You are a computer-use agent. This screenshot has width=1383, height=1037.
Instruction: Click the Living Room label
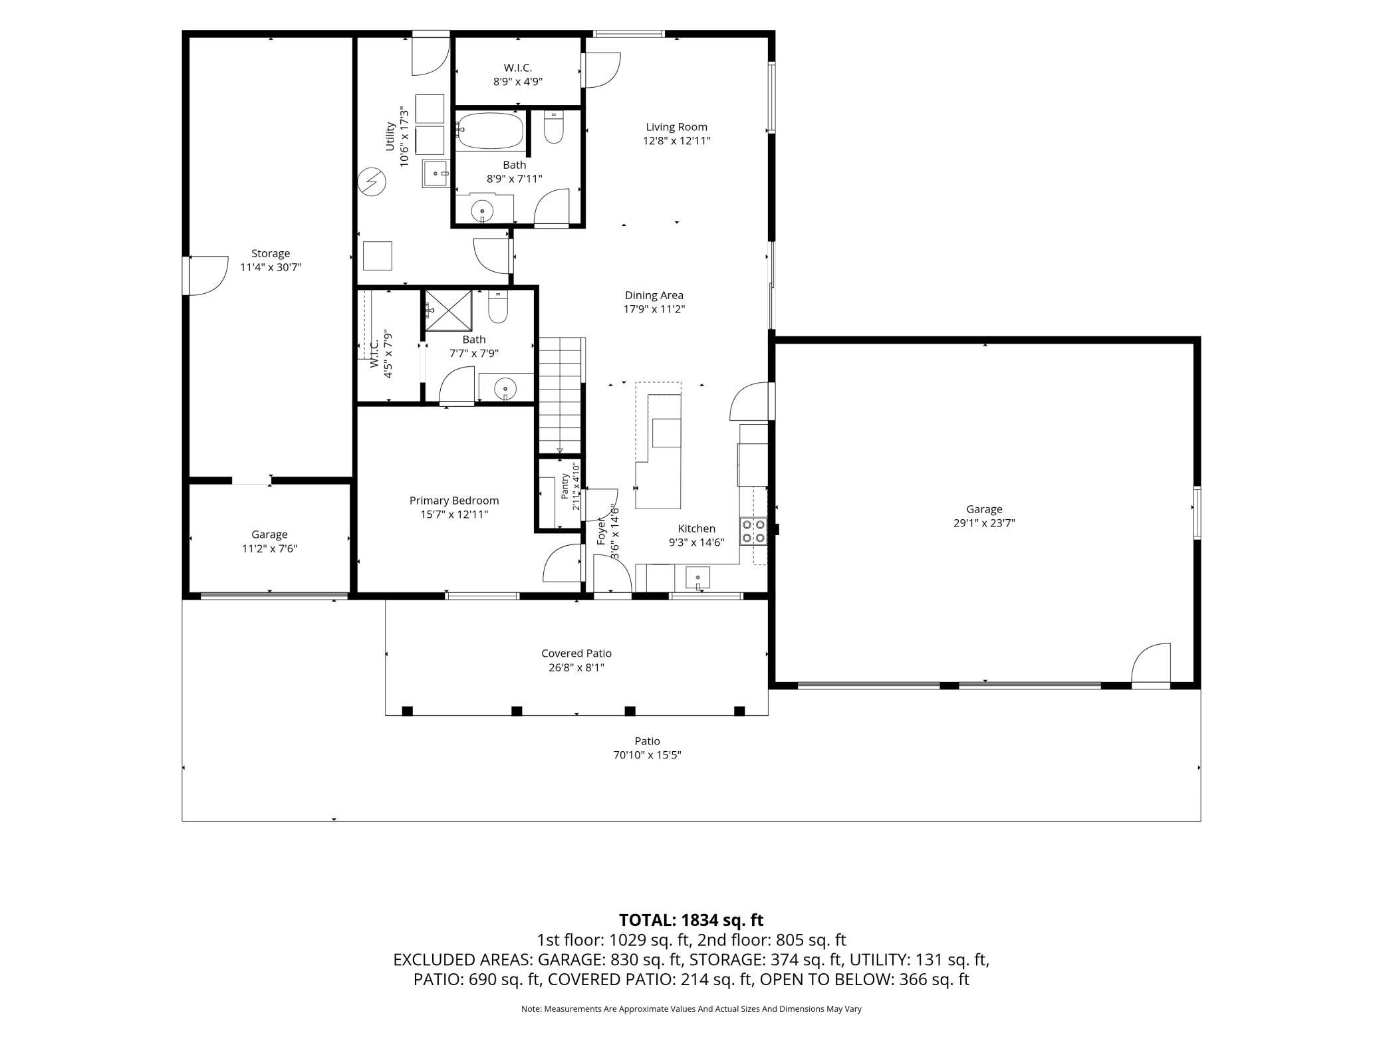tap(677, 127)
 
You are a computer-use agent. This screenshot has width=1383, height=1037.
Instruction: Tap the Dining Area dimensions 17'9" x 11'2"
tap(654, 309)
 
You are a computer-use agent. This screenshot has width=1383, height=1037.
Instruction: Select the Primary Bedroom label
tap(454, 501)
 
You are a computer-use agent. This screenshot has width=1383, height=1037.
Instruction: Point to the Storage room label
tap(271, 253)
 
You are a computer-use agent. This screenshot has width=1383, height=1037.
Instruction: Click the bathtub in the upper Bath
tap(490, 130)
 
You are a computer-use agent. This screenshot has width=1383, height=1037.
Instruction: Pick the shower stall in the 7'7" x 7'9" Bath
tap(449, 310)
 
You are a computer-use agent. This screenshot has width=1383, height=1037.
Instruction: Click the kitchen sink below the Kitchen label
tap(697, 577)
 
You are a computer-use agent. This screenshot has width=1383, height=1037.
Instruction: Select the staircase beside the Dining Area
tap(561, 396)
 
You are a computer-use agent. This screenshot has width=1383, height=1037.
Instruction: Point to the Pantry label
tap(565, 486)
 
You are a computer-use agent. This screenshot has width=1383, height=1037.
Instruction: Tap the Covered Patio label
tap(576, 653)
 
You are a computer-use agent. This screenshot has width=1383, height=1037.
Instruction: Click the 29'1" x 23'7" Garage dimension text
tap(984, 523)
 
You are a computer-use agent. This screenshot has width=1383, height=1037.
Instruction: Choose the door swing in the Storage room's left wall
tap(207, 276)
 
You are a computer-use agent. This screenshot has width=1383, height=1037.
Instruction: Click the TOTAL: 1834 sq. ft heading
tap(691, 920)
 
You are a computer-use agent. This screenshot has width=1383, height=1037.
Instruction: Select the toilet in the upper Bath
tap(554, 127)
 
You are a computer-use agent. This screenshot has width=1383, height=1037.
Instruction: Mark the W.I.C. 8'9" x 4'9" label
tap(518, 75)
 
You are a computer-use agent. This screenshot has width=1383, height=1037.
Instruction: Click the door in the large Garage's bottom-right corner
tap(1151, 663)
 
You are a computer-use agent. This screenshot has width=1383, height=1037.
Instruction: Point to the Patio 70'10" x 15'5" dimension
tap(648, 755)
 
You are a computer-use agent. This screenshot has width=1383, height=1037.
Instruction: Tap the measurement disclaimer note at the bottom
tap(691, 1008)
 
